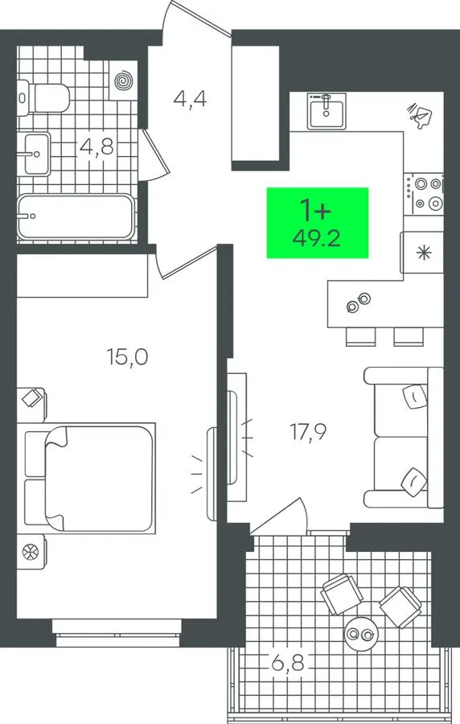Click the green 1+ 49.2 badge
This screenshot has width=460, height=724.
[318, 223]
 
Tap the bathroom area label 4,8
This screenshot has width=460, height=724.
[97, 147]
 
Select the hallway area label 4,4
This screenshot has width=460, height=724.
[190, 99]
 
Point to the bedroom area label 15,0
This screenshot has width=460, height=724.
[127, 357]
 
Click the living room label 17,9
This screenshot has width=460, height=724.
[308, 432]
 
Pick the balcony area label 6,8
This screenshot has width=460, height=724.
[288, 663]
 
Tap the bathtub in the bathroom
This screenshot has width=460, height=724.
[76, 216]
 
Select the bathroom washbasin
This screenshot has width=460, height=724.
[34, 154]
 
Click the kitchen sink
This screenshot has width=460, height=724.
[327, 110]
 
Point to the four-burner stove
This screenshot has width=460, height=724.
[424, 194]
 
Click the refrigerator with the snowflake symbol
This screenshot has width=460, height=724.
[422, 252]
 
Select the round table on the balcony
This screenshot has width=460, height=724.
[361, 635]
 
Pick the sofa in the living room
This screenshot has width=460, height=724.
[404, 438]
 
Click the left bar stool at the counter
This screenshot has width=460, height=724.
[361, 336]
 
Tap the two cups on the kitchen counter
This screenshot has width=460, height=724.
[359, 302]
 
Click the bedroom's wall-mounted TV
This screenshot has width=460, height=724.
[212, 474]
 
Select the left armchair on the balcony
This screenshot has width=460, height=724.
[342, 594]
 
